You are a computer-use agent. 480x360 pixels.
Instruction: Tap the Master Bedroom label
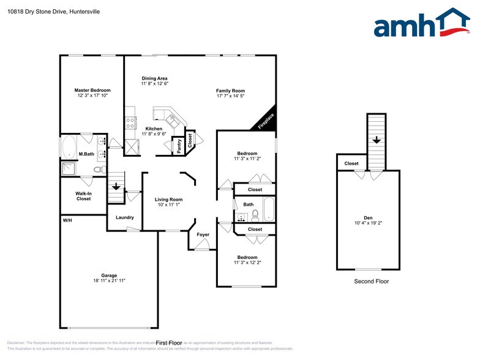pyautogui.click(x=92, y=90)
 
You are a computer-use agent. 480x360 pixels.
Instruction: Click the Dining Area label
pyautogui.click(x=154, y=78)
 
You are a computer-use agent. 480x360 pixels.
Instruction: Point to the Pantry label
pyautogui.click(x=179, y=146)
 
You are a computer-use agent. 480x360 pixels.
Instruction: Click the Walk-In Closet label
pyautogui.click(x=83, y=196)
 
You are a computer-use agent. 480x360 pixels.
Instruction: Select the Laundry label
pyautogui.click(x=124, y=217)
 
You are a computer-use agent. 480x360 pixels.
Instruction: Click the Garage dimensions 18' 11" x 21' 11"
pyautogui.click(x=108, y=280)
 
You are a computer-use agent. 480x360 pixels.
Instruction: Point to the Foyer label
pyautogui.click(x=203, y=234)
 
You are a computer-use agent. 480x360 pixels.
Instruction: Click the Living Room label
pyautogui.click(x=168, y=200)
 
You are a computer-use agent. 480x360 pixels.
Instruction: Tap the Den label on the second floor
pyautogui.click(x=368, y=218)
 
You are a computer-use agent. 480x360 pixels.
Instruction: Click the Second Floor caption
pyautogui.click(x=371, y=282)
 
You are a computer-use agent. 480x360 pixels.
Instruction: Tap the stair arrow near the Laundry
pyautogui.click(x=116, y=189)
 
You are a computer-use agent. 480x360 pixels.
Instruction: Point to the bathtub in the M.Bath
pyautogui.click(x=69, y=148)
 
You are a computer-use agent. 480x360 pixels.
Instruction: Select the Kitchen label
pyautogui.click(x=154, y=129)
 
